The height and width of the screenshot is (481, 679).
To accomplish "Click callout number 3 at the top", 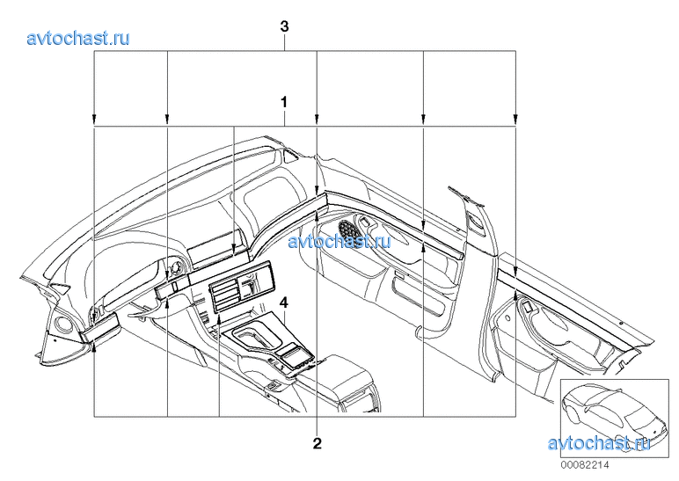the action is coord(284,27).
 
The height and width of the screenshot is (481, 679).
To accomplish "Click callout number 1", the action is coord(284,103).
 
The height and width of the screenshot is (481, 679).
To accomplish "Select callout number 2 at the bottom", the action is coord(318,443).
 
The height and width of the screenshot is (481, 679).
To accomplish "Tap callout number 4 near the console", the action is coord(283,302).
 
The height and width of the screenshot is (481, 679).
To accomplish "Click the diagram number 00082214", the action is coord(585,465).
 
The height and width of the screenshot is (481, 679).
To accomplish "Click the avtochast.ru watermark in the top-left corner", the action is coord(78,39).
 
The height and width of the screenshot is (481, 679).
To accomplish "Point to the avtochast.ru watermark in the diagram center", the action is coord(339,241).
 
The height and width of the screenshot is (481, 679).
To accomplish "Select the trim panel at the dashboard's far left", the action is coord(100,324).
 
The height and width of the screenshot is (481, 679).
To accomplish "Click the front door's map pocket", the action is coord(418,296).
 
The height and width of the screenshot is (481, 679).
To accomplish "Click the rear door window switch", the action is coord(527,307).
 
